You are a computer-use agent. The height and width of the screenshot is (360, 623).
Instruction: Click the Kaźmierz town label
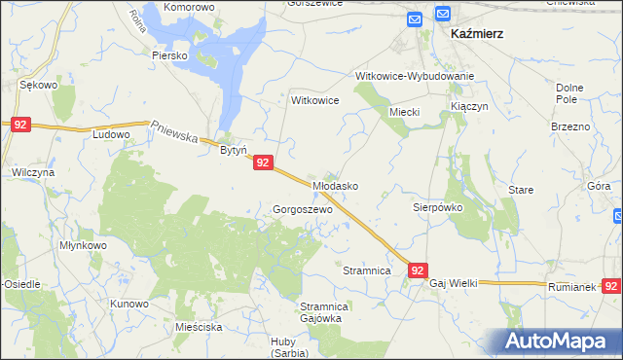(476, 33)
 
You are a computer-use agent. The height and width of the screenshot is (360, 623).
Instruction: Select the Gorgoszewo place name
(303, 209)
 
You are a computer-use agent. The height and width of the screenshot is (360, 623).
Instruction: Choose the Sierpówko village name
(436, 207)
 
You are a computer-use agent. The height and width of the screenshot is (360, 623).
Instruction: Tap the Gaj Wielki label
(453, 282)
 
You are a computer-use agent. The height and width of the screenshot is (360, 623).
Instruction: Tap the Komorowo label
(189, 7)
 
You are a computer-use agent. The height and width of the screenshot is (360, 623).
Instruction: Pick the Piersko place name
(168, 55)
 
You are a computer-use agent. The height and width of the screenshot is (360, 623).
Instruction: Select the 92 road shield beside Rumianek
(611, 286)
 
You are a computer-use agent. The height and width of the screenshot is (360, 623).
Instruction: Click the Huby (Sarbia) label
(290, 346)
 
